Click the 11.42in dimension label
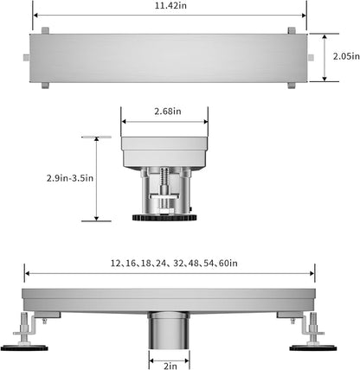point(170,5)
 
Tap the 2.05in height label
point(346,56)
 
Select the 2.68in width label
point(168,112)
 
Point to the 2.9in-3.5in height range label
point(70,178)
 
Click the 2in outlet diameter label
point(170,366)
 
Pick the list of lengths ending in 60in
point(174,264)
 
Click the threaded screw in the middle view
point(164,188)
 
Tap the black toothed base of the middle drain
point(164,217)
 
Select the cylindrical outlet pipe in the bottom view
point(169,330)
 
